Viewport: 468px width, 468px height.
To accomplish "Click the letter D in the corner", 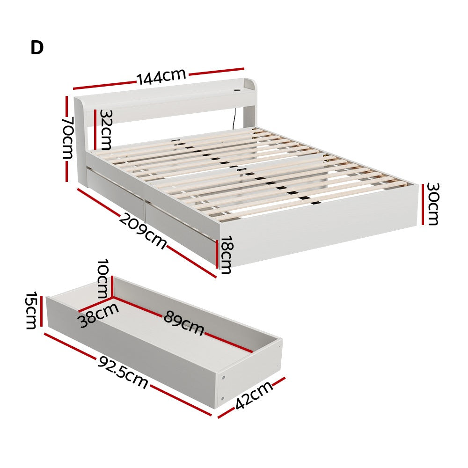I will coord(37,48).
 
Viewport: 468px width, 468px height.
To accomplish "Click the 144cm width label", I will coord(161,77).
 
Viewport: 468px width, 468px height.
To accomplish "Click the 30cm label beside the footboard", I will coord(432,204).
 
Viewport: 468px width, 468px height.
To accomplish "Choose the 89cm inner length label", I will coord(184,323).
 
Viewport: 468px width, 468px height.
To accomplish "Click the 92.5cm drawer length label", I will coord(123,373).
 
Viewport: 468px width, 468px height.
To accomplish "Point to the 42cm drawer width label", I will coord(254,395).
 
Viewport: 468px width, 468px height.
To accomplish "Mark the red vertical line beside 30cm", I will coord(423,204).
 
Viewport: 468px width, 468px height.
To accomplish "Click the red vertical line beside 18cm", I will coord(217,254).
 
